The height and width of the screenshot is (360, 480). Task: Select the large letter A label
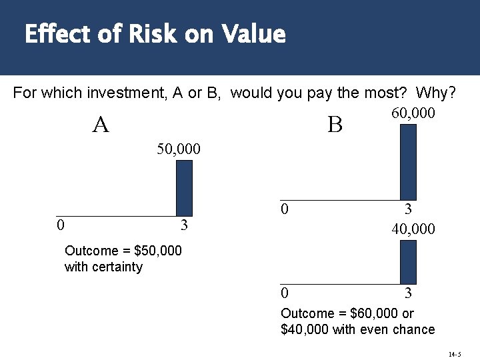(101, 125)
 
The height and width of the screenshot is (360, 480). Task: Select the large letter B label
(335, 125)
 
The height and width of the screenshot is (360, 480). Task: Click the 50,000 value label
(178, 147)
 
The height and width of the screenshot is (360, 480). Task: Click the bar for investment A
(184, 188)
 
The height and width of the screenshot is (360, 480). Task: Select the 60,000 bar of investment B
(407, 162)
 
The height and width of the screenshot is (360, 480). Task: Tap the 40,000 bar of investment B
(407, 262)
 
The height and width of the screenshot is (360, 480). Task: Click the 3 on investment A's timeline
(185, 225)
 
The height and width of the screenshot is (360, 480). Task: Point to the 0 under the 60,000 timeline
(285, 209)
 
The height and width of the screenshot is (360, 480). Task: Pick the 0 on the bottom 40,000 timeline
(285, 293)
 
